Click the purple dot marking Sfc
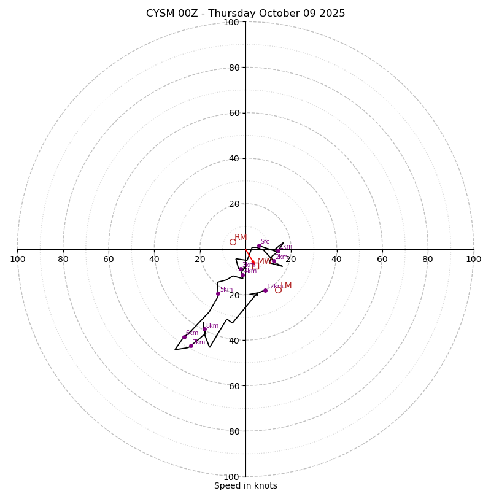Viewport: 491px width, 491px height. (x=259, y=246)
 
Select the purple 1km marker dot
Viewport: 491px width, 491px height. (x=278, y=250)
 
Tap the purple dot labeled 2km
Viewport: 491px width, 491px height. (x=274, y=261)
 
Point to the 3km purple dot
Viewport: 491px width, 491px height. (x=241, y=269)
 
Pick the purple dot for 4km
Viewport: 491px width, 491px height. (x=242, y=275)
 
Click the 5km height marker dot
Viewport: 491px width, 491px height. (x=218, y=293)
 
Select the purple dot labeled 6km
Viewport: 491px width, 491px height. (x=184, y=337)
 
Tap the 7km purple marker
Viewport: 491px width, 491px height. (x=191, y=346)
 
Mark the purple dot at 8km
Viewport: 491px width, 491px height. (x=204, y=330)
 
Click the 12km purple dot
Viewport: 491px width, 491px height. (x=265, y=290)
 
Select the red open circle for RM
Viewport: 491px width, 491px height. (x=233, y=242)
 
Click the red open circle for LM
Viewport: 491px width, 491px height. (x=278, y=290)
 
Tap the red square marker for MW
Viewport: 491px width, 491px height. (x=255, y=266)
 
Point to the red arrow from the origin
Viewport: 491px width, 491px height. (x=250, y=257)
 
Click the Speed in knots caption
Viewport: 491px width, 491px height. (x=245, y=485)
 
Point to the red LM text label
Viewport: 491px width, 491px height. (x=286, y=286)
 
